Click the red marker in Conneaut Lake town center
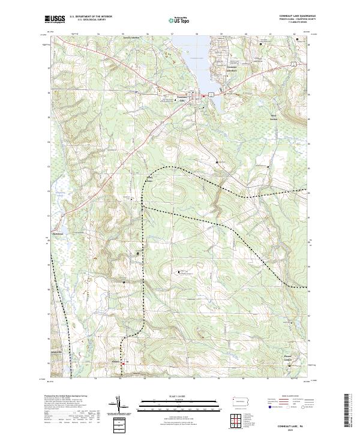(203, 96)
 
